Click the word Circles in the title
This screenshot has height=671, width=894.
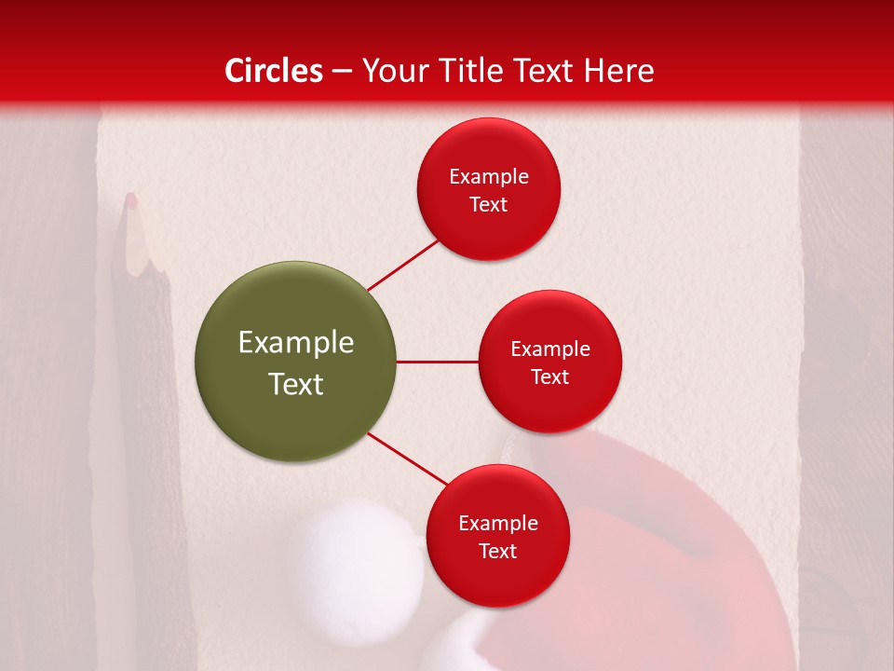coord(274,71)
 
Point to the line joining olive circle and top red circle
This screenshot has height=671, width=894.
coord(404,265)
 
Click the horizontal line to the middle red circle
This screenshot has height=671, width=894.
coord(437,362)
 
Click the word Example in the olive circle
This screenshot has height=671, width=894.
coord(295,343)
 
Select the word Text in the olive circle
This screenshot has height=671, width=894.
coord(295,384)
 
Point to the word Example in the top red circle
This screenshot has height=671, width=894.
coord(488,176)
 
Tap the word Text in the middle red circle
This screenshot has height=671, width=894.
coord(550,377)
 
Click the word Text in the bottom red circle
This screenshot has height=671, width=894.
coord(497,551)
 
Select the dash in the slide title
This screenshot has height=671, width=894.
coord(342,71)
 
